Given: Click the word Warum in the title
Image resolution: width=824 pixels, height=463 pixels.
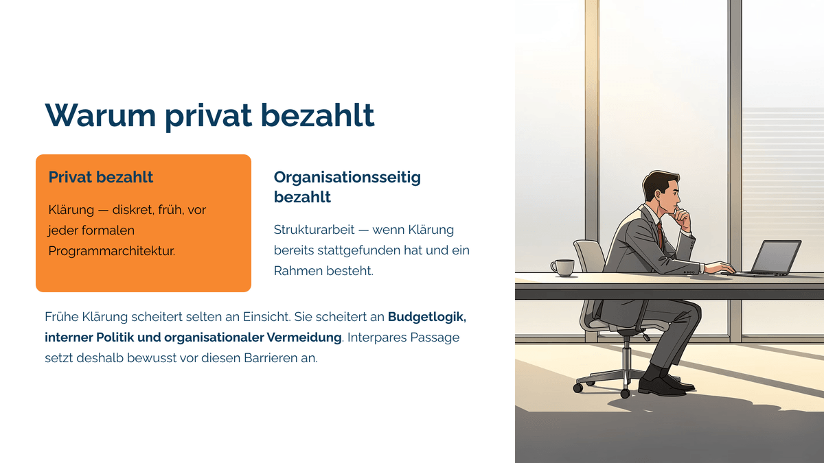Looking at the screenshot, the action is (x=100, y=115).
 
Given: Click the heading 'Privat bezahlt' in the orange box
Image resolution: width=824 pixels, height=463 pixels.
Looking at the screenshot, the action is (x=100, y=177).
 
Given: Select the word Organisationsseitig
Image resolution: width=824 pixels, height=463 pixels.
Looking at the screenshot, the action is (x=347, y=178).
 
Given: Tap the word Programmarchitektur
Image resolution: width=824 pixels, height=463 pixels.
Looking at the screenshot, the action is (x=112, y=251).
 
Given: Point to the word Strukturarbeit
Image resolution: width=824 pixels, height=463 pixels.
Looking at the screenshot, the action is (x=314, y=230).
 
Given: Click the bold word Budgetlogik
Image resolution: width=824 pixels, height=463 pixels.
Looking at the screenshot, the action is (x=427, y=317).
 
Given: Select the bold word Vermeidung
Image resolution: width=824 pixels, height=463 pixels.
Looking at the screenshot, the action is (x=304, y=337).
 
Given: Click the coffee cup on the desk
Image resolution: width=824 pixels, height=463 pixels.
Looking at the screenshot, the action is (x=562, y=268).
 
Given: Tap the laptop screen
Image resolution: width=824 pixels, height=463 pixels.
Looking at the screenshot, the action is (x=777, y=257).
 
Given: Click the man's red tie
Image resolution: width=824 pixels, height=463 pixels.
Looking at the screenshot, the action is (x=661, y=235).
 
